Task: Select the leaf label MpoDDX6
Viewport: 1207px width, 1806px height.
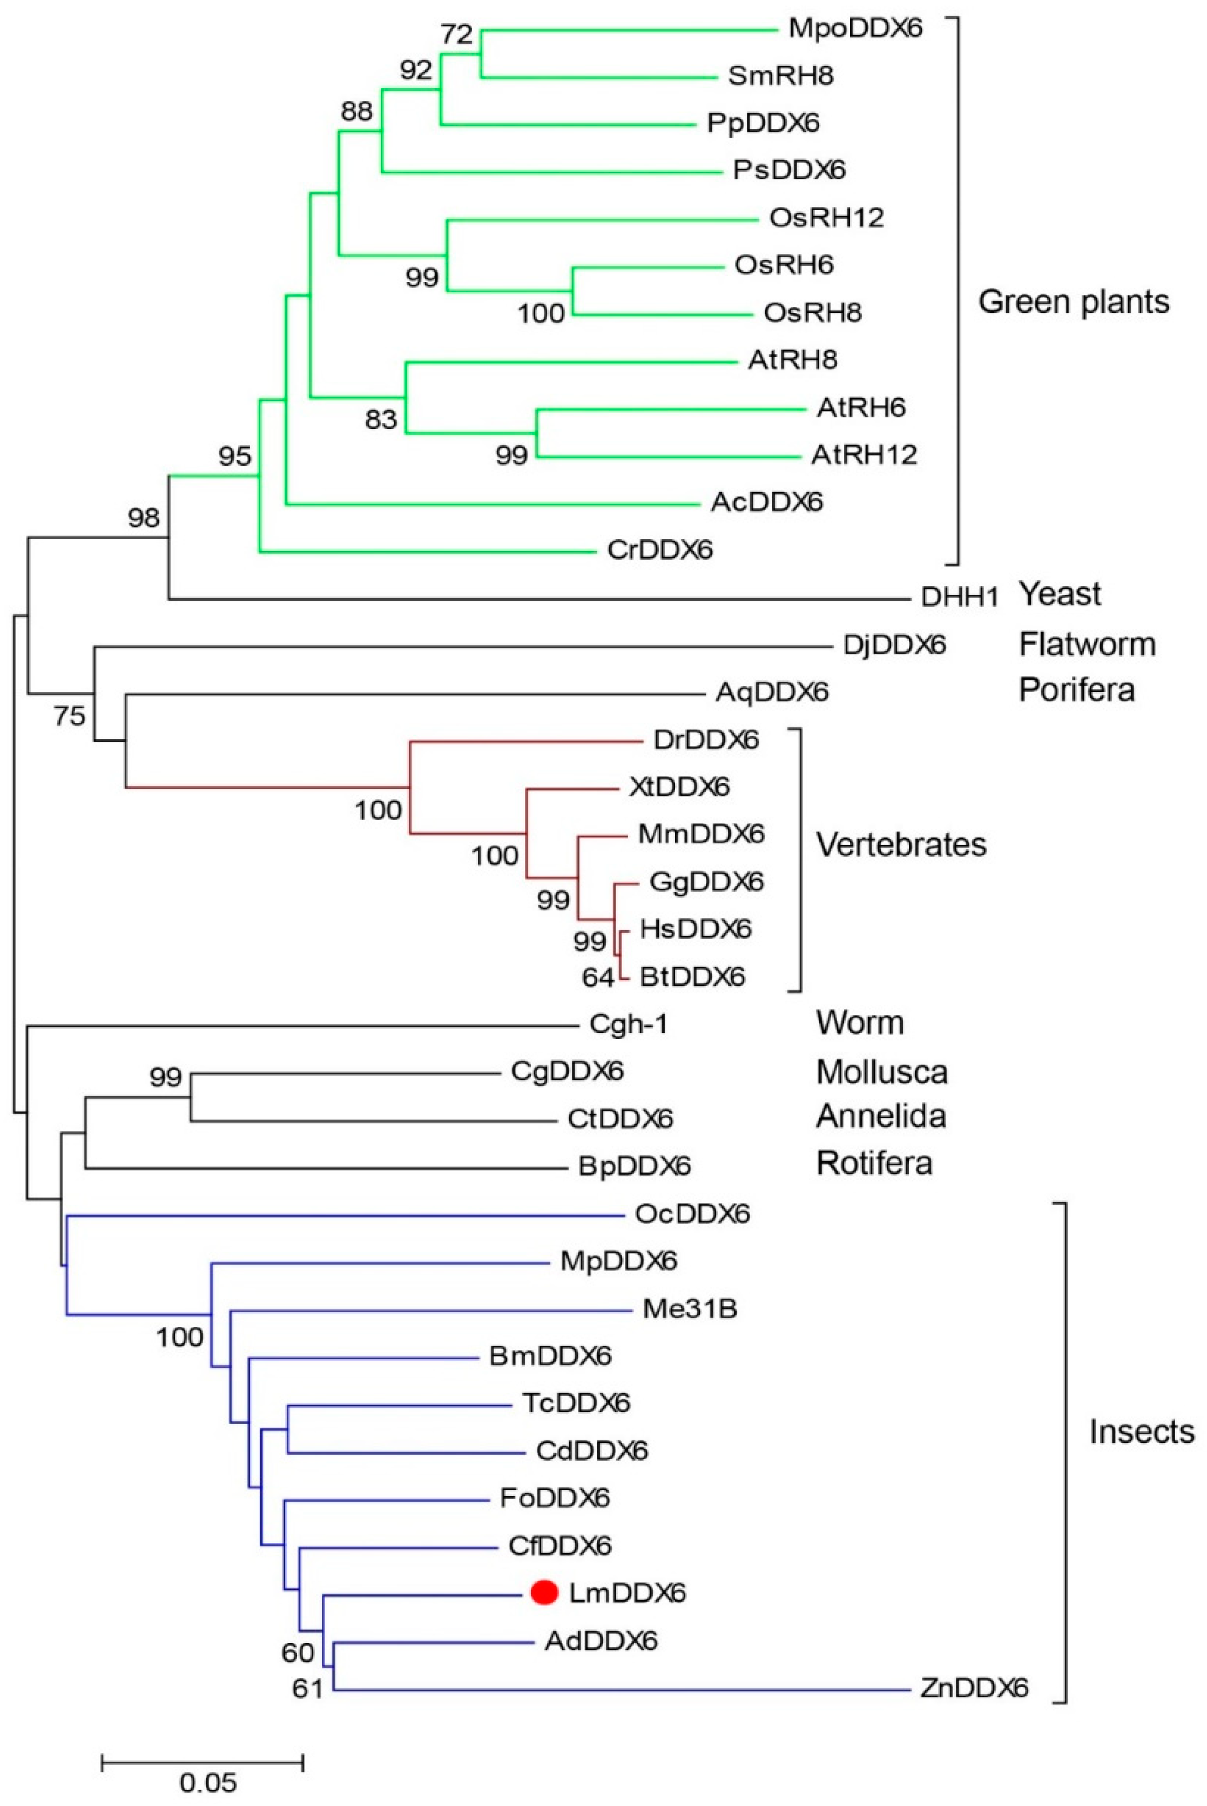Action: click(854, 29)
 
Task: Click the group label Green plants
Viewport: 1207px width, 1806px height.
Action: click(1073, 302)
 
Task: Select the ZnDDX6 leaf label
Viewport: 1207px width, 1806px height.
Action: click(974, 1689)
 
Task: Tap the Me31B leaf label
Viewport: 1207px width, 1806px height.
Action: click(690, 1308)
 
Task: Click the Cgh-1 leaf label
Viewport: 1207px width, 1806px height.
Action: click(628, 1024)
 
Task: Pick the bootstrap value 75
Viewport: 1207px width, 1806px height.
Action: click(69, 717)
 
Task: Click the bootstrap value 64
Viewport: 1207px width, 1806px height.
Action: click(598, 978)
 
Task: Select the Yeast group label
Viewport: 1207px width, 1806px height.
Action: click(1060, 594)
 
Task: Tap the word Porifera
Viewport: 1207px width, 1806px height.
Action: click(1076, 690)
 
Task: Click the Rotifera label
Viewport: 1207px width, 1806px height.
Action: click(874, 1163)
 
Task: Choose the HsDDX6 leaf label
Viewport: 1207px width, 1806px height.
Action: click(695, 929)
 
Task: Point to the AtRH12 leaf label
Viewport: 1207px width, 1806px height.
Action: click(864, 455)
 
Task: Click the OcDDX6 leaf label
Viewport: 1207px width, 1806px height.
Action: click(692, 1214)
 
